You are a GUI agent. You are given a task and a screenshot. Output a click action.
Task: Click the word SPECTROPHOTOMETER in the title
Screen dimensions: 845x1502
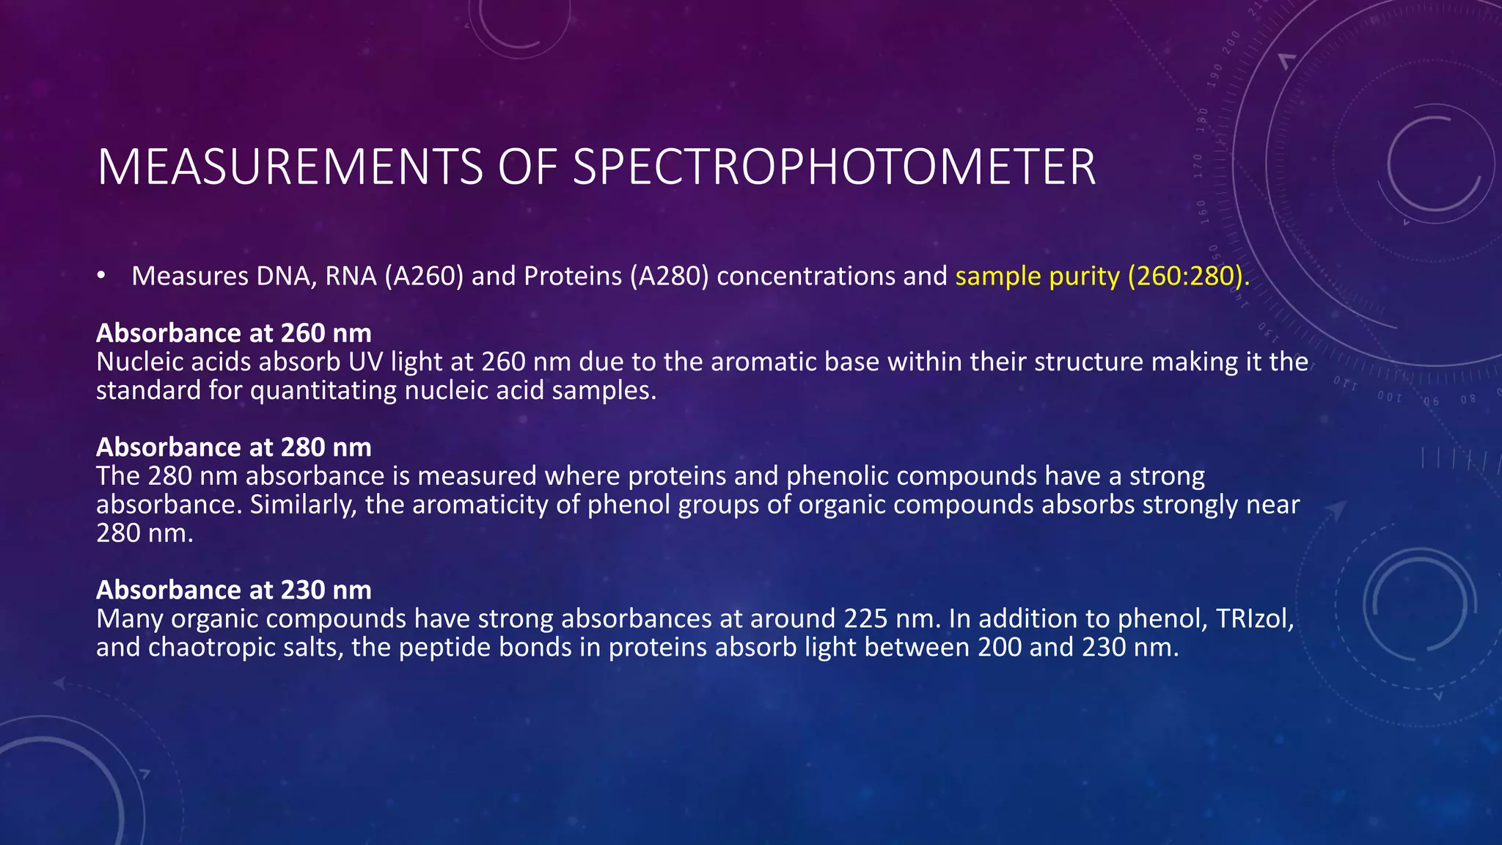click(834, 167)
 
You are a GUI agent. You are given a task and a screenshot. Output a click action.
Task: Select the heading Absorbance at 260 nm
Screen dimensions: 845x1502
click(233, 333)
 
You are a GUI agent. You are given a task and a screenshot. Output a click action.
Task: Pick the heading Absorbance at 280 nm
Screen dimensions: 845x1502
click(233, 447)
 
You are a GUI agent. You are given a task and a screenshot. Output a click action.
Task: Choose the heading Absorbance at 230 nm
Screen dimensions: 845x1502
click(233, 590)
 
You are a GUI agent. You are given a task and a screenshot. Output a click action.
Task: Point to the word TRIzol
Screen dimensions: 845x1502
click(1254, 619)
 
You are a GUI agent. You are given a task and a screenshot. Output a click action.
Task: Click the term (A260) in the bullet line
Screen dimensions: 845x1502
click(424, 277)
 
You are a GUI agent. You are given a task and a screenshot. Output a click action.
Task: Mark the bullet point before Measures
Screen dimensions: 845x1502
click(101, 277)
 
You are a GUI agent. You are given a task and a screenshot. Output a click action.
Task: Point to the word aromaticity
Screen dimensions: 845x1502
click(480, 505)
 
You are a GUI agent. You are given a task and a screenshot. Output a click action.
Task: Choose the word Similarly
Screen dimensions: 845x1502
click(303, 505)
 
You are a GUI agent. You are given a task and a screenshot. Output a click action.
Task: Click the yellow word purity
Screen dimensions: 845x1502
click(1084, 277)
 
